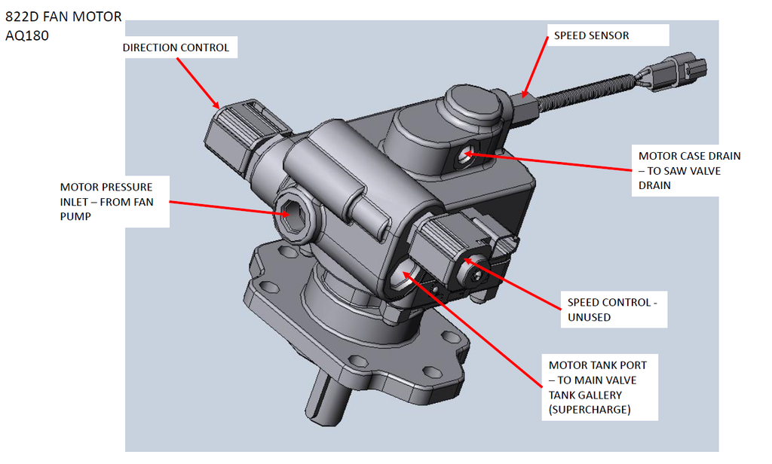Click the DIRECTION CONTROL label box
[x=176, y=48]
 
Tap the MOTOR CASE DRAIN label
[x=689, y=170]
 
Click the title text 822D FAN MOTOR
[x=63, y=17]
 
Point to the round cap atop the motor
[x=473, y=104]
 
